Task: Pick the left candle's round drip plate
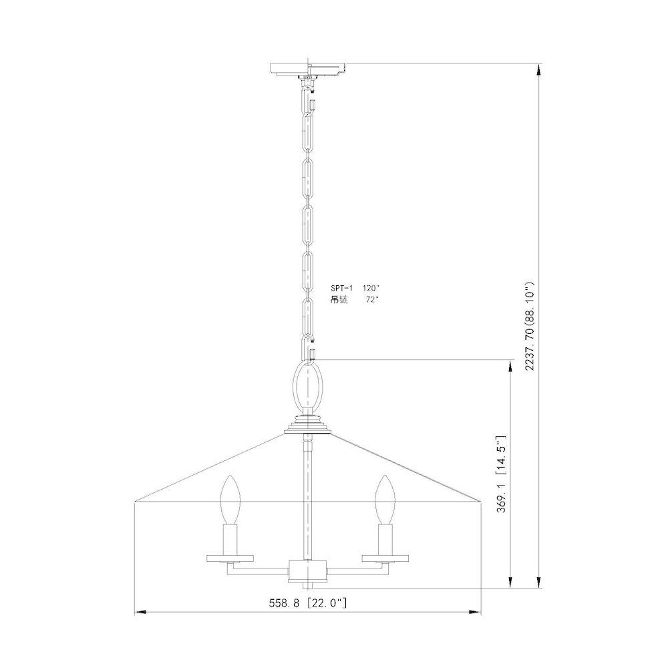(x=230, y=556)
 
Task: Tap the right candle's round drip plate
(x=384, y=556)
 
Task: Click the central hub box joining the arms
(x=307, y=571)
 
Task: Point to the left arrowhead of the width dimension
(x=139, y=611)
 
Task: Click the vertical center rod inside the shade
(x=307, y=494)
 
